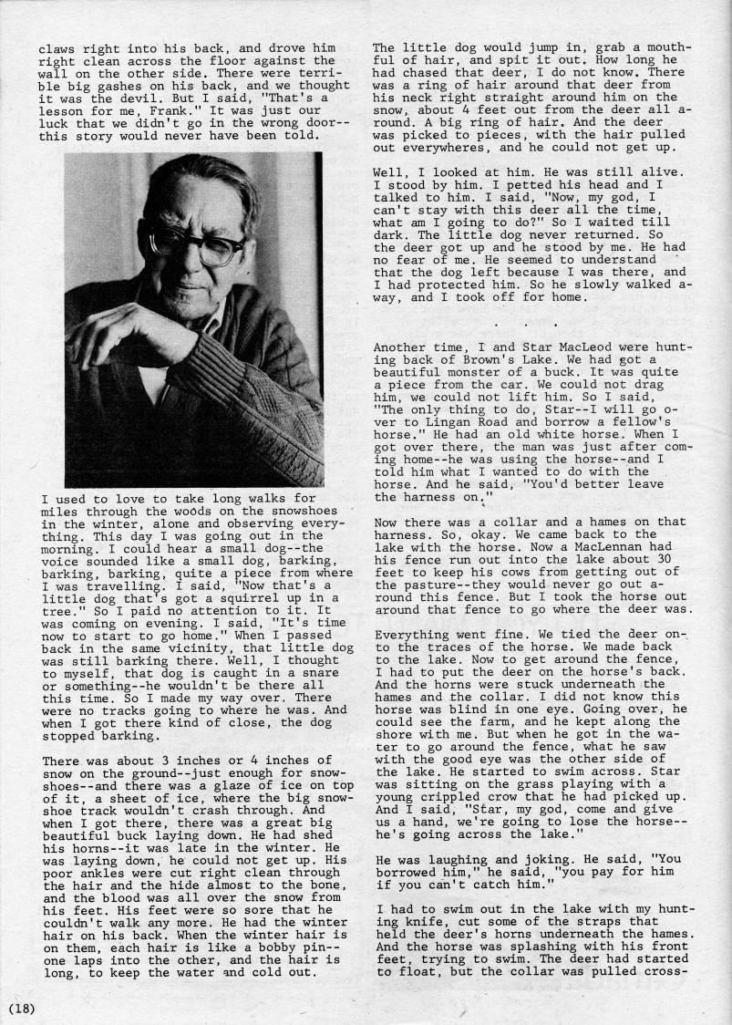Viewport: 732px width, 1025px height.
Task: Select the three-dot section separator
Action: (527, 323)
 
